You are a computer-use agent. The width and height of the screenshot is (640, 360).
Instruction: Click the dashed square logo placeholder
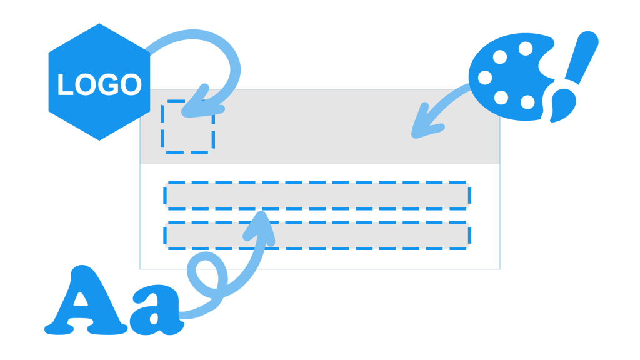[187, 126]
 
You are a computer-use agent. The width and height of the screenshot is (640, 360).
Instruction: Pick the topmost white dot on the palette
[526, 48]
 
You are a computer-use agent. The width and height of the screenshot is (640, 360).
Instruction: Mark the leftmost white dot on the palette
[485, 77]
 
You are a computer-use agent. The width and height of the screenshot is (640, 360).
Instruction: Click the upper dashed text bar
[317, 195]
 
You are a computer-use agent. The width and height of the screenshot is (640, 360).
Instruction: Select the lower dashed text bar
[317, 235]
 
